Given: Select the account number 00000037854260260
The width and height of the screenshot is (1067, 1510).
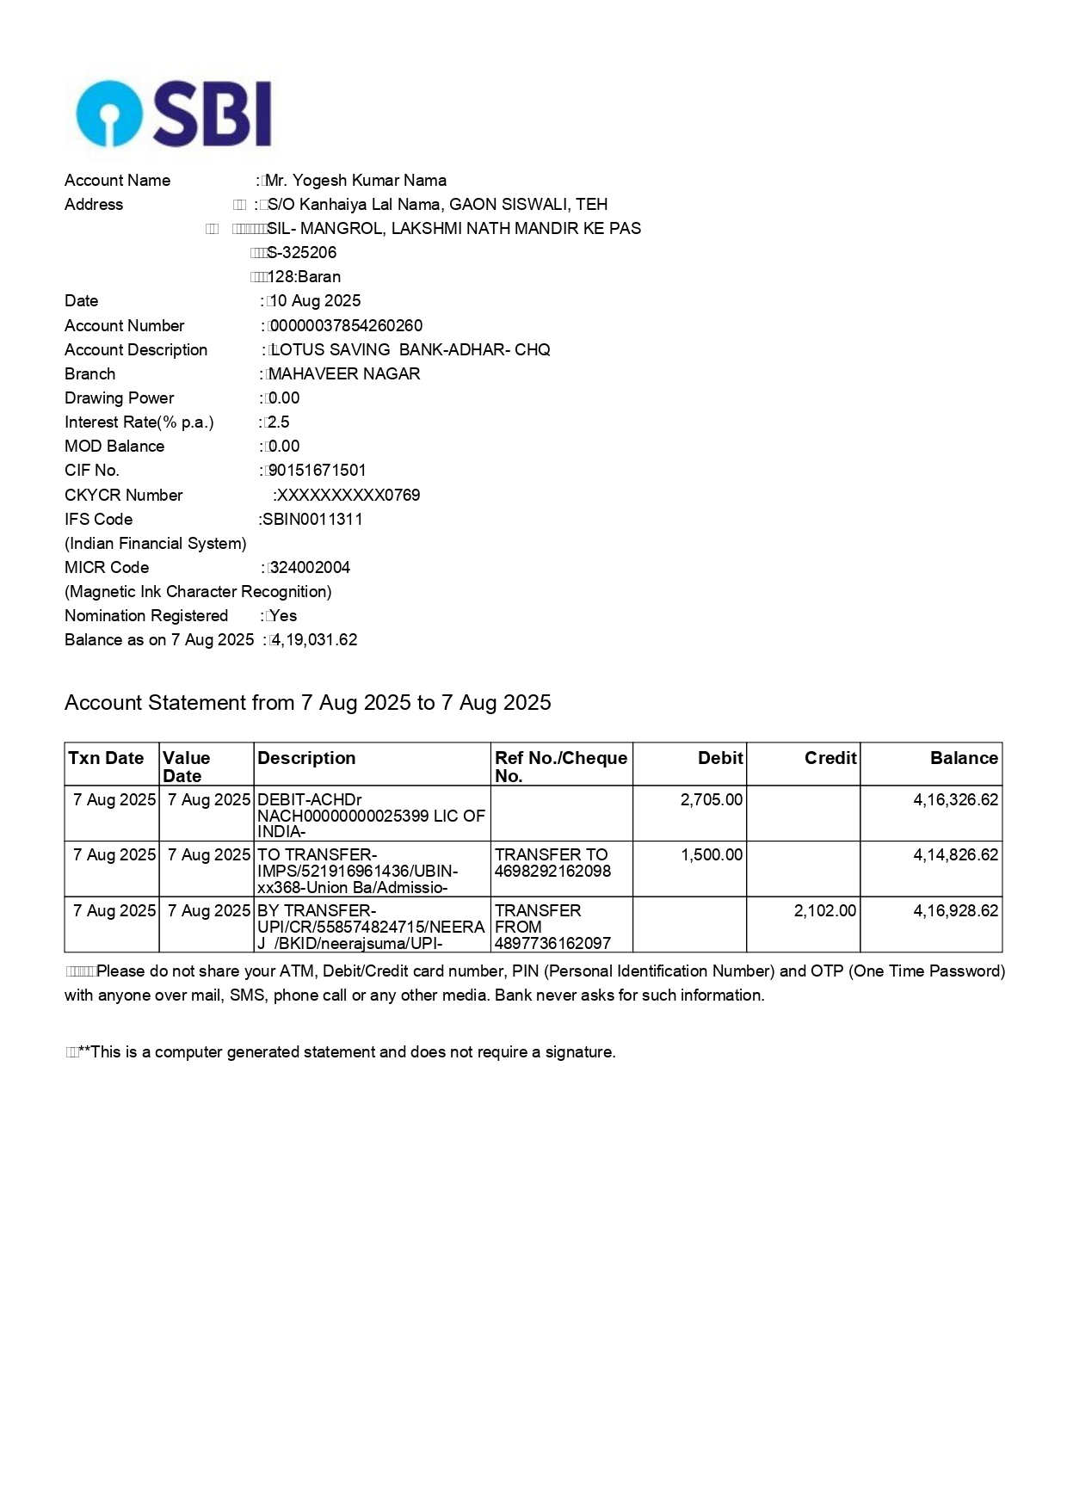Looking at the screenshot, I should [346, 326].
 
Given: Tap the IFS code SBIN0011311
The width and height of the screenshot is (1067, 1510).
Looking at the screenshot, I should [313, 520].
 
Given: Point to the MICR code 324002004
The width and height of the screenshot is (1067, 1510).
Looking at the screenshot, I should [310, 568].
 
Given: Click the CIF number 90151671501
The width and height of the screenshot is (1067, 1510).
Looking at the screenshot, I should [317, 471].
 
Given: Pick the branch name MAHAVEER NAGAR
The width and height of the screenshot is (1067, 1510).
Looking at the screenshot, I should [344, 374].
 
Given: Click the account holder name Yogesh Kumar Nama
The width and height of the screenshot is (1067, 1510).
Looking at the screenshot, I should [356, 181].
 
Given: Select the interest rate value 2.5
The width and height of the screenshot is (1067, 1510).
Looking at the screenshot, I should [279, 422].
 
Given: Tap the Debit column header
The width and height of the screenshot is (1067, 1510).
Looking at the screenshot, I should [720, 758].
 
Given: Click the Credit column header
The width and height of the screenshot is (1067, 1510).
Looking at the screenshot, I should [830, 758].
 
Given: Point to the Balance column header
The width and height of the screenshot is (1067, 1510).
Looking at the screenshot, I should [964, 758].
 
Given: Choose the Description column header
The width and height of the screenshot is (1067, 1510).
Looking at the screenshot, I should [306, 758].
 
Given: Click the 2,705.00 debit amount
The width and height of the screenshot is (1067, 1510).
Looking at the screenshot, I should [712, 800].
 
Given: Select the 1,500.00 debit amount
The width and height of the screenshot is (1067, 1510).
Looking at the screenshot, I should [712, 855].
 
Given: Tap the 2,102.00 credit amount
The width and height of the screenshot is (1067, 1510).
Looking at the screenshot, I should [825, 911].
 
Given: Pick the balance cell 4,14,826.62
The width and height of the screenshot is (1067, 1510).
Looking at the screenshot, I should [956, 855].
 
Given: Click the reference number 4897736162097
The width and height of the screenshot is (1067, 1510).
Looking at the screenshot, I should [552, 944].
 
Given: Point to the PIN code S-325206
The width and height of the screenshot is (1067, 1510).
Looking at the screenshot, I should [302, 253].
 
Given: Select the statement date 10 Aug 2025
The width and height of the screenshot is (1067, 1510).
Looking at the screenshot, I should [316, 301].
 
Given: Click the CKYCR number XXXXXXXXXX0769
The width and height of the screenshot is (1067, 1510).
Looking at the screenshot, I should [348, 496].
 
